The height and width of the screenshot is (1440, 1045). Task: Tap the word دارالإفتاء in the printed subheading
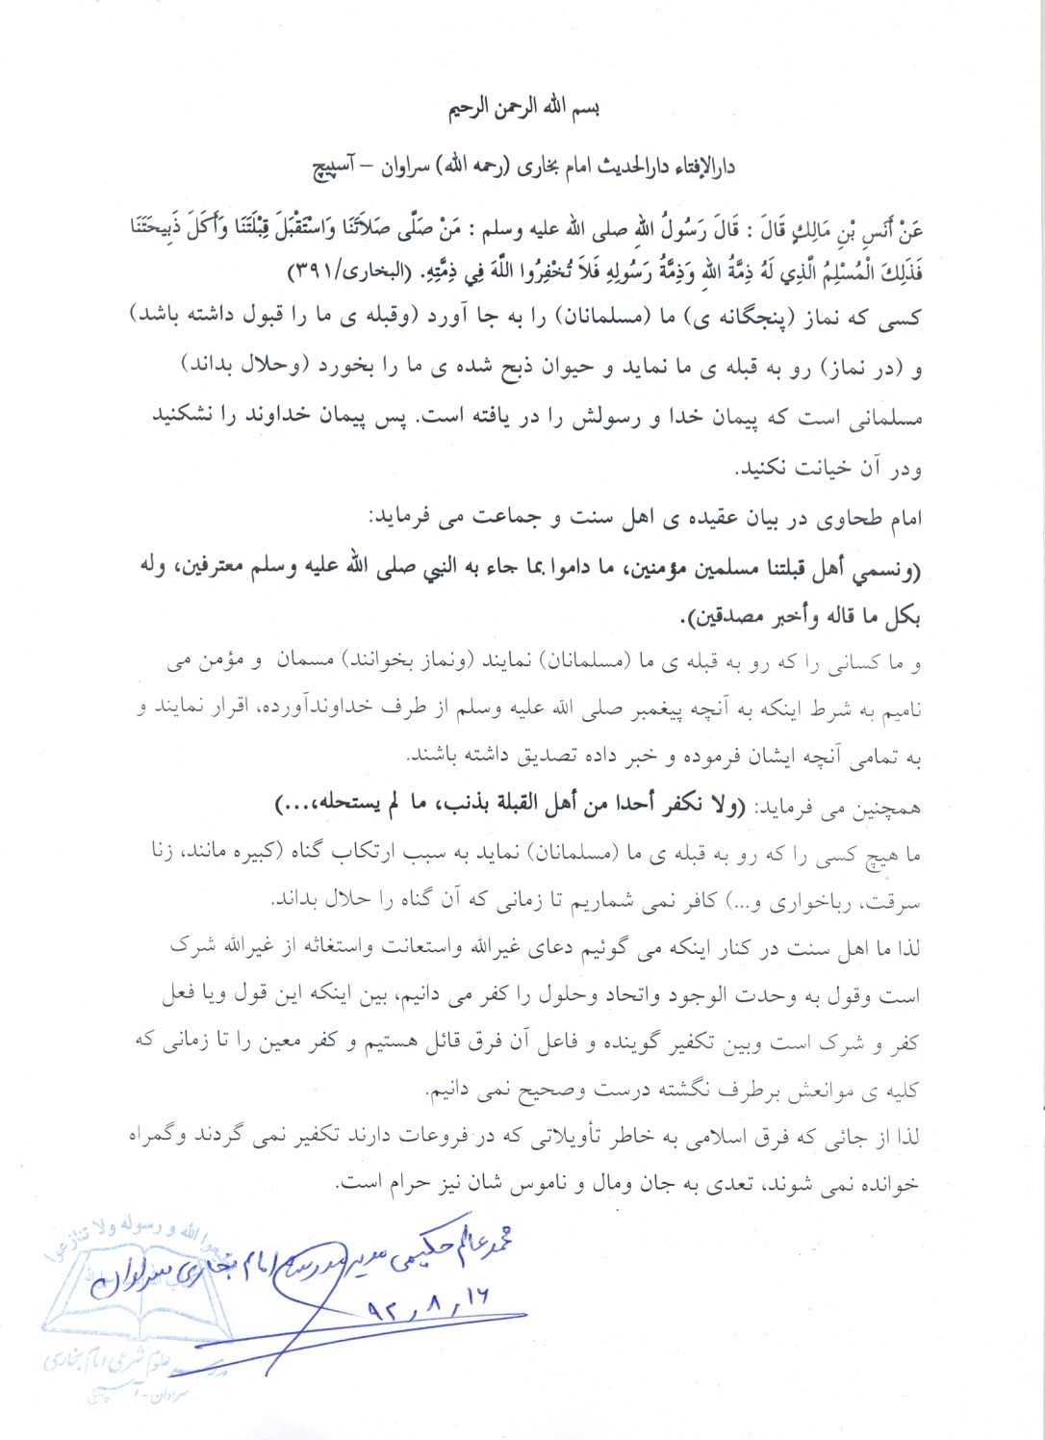point(701,167)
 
